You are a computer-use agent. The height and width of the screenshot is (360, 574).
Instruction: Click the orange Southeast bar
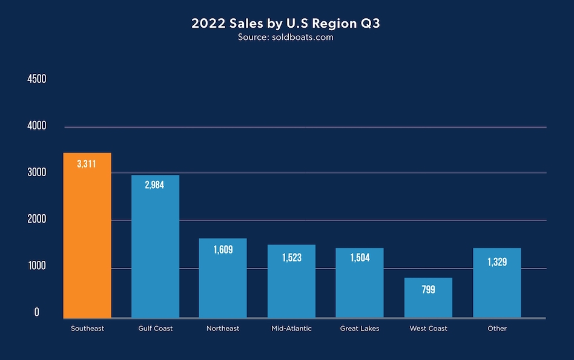(88, 236)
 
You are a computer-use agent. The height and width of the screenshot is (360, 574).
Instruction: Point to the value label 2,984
(155, 185)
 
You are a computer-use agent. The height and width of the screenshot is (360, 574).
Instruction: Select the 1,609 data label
(223, 249)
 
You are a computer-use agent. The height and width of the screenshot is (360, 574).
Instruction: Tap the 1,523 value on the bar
(291, 258)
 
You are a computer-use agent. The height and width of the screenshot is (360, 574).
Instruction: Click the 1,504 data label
(360, 258)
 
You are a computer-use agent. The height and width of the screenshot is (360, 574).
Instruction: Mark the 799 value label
(429, 290)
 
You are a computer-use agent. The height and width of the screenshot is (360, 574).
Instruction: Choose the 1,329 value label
(497, 262)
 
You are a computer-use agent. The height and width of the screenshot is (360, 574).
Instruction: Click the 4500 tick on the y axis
(37, 79)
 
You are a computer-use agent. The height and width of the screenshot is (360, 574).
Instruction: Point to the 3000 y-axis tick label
(37, 172)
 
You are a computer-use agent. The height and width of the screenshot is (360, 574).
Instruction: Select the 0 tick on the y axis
(37, 312)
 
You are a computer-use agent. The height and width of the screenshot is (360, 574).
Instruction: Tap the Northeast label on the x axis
(223, 329)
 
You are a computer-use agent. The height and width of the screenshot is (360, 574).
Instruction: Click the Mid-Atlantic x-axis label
(292, 329)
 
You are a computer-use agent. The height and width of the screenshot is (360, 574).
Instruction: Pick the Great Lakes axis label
(360, 329)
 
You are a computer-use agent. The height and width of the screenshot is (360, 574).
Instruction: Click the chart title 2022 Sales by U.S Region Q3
(286, 24)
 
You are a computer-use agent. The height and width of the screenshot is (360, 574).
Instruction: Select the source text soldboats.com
(286, 38)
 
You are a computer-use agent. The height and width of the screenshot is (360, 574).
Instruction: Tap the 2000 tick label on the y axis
(37, 219)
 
